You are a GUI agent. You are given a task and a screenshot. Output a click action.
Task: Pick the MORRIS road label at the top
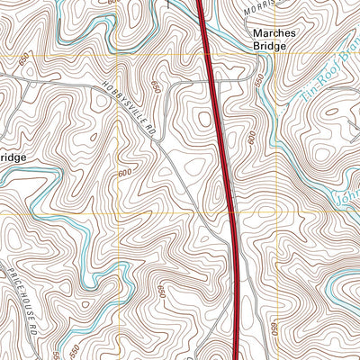[x=270, y=7]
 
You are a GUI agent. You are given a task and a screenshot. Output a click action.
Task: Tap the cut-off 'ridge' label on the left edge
[x=12, y=157]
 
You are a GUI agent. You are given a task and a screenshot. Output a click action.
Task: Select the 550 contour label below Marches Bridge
[x=259, y=82]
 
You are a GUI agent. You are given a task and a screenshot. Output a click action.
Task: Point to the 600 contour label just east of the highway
[x=251, y=137]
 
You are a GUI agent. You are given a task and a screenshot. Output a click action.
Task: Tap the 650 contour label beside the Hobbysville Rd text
[x=156, y=87]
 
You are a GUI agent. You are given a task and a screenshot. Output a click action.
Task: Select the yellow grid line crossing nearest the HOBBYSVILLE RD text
[x=118, y=57]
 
